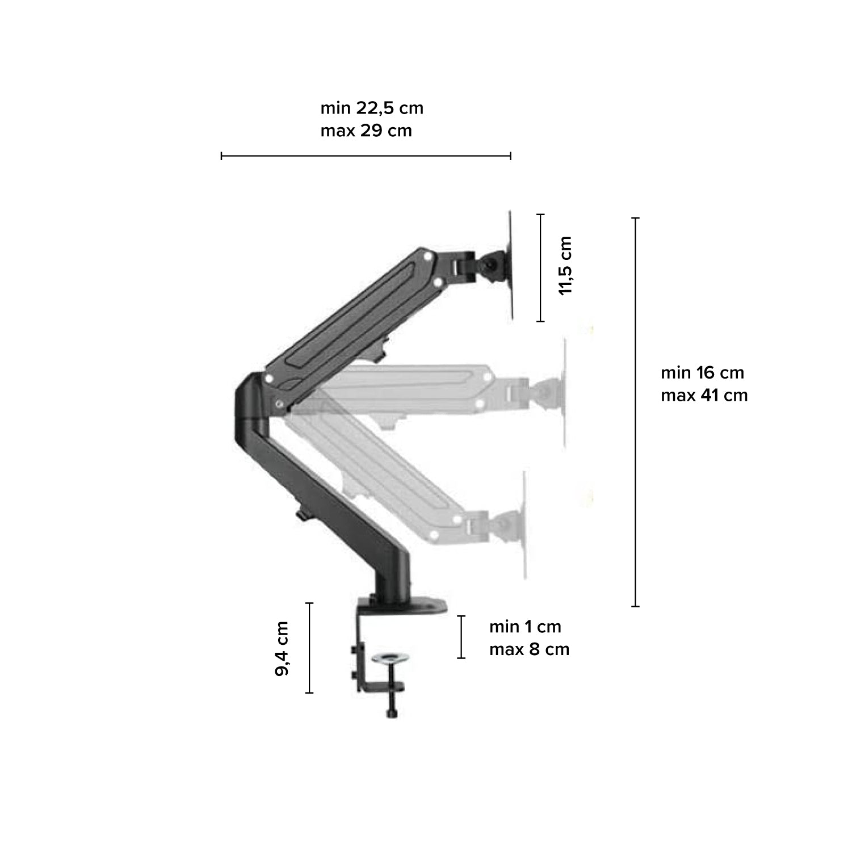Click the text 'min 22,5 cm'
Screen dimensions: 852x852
pos(372,108)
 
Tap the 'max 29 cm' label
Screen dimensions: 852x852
pos(366,131)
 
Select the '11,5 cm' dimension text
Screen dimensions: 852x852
pos(565,266)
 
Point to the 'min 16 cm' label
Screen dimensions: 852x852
pos(702,373)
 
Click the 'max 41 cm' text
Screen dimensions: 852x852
pos(704,395)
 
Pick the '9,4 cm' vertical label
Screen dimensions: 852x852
pos(282,648)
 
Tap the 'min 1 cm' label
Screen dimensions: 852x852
pos(525,627)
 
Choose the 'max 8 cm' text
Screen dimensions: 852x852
pos(529,649)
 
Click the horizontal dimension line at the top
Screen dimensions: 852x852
pos(366,156)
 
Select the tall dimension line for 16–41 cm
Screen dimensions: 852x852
pos(635,412)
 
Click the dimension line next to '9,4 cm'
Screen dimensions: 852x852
pos(309,648)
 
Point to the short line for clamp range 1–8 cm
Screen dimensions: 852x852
pos(461,637)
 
